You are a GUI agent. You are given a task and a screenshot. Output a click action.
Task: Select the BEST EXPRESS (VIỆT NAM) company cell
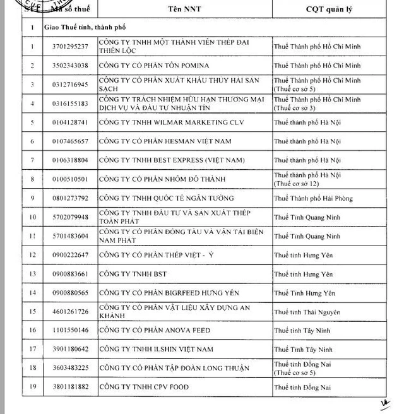165,160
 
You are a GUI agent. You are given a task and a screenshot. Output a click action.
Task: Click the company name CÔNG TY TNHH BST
129,274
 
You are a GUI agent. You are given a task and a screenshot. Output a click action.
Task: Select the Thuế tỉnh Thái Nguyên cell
307,312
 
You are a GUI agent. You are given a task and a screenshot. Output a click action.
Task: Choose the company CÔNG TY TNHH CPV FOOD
144,387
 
